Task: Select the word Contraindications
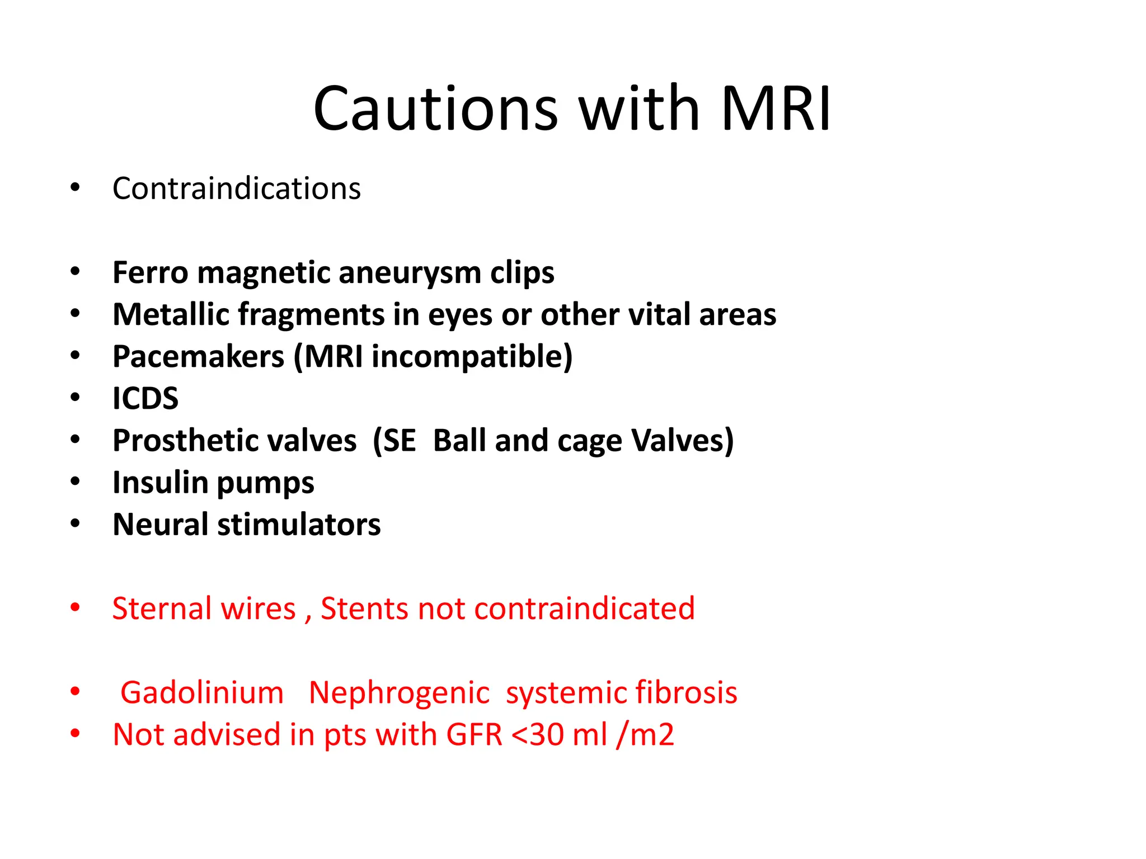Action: tap(237, 188)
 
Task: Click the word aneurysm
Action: tap(410, 273)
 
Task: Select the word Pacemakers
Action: tap(198, 357)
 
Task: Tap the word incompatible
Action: tap(468, 357)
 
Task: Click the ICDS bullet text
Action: tap(145, 399)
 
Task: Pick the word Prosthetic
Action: tap(234, 441)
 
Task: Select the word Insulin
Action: tap(160, 483)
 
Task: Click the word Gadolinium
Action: tap(202, 693)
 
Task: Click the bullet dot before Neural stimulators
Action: tap(76, 524)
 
